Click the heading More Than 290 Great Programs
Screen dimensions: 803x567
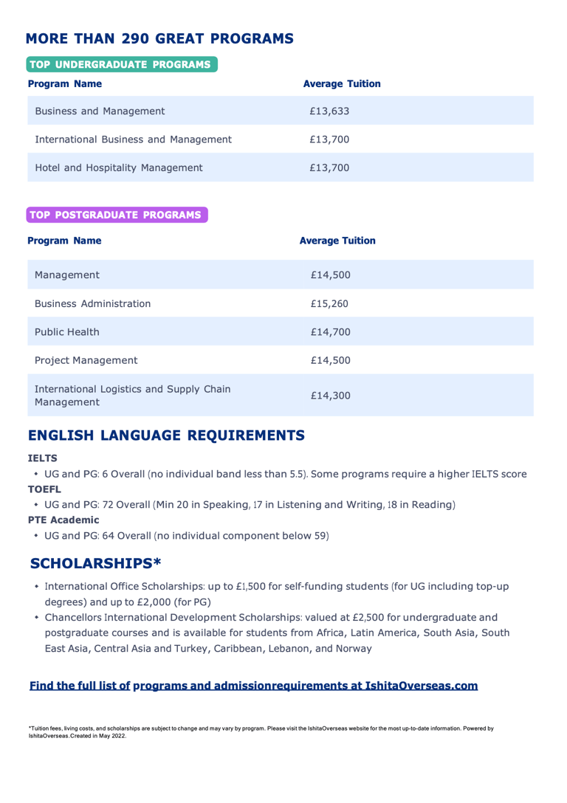pos(159,38)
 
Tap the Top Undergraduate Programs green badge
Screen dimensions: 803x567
pos(122,64)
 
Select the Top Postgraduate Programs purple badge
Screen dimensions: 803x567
pos(117,215)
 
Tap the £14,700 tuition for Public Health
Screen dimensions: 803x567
pos(330,331)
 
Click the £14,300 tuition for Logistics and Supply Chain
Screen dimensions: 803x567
pos(330,396)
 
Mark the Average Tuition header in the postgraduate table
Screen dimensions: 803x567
pos(337,241)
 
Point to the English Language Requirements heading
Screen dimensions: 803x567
pos(166,435)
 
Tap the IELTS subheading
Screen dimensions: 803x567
pos(41,458)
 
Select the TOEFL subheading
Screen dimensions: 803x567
pos(43,489)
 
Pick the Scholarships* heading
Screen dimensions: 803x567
pos(96,563)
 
